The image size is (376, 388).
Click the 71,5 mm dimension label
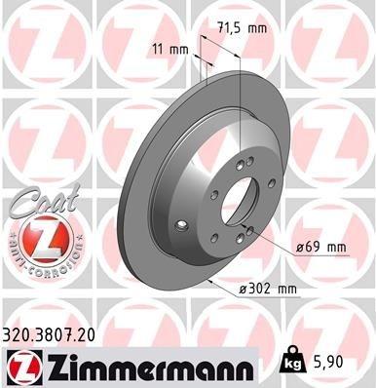(244, 30)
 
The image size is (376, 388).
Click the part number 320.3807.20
(57, 333)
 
